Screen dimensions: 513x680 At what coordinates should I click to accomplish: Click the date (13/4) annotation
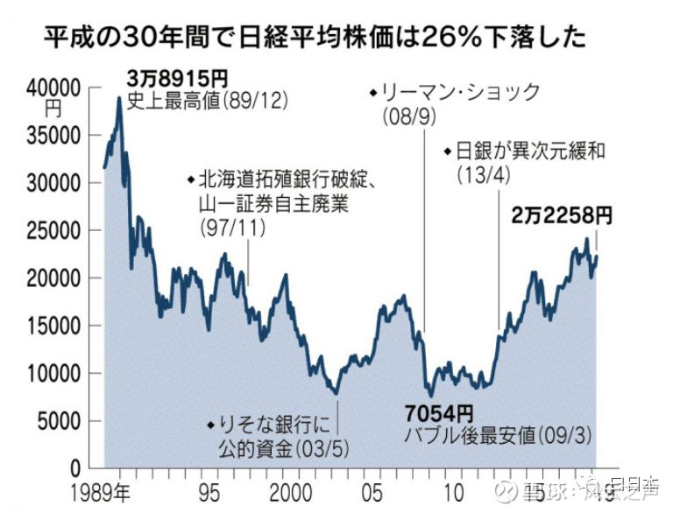point(482,173)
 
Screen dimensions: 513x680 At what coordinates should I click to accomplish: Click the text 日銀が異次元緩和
point(531,151)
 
